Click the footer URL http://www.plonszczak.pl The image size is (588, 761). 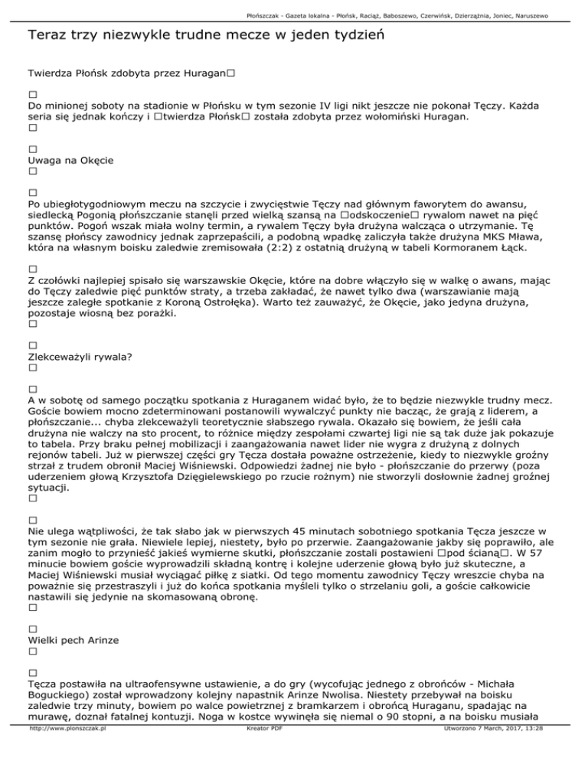pos(66,751)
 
